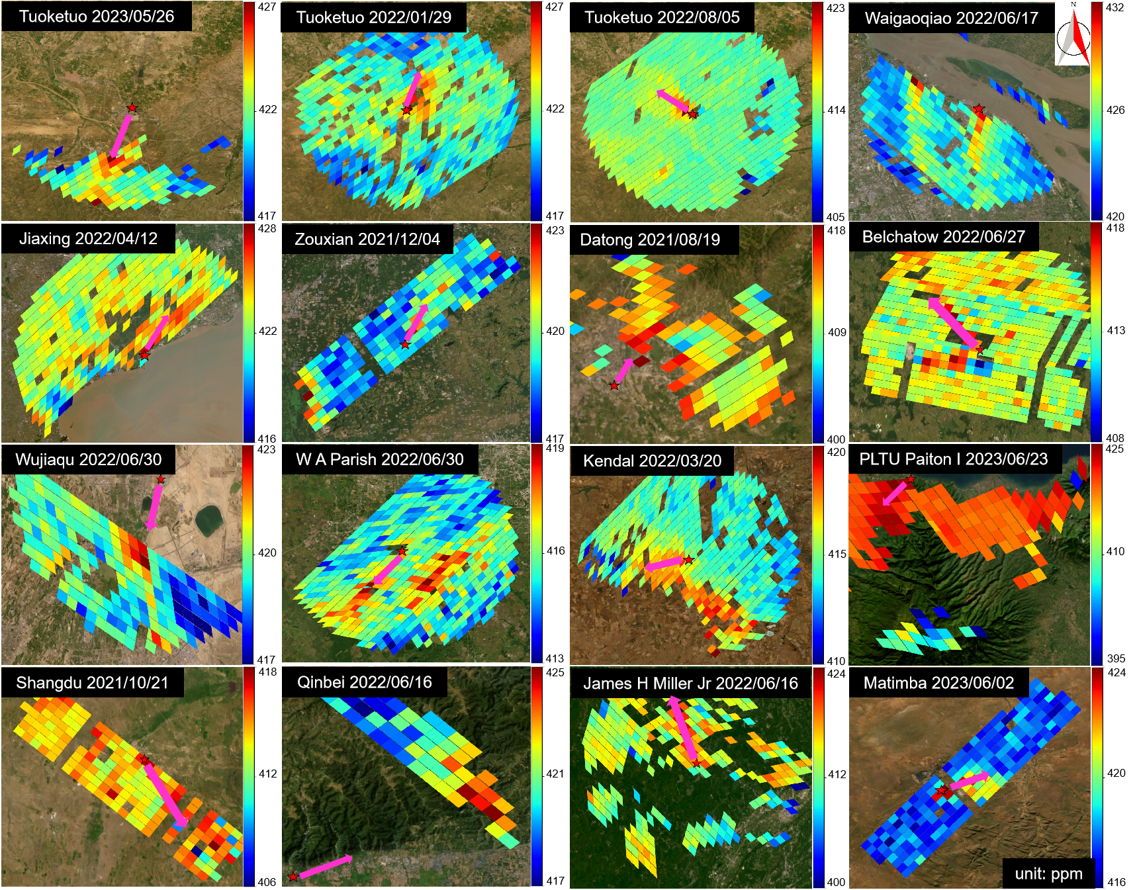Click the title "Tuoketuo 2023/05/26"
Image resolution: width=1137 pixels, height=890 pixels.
pos(97,17)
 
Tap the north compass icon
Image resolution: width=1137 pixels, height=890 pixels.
pos(1073,34)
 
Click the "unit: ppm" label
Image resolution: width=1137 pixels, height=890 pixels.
pos(1048,873)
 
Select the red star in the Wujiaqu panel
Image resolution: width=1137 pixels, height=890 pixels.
pos(160,479)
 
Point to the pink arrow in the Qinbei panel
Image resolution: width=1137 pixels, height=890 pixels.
pos(326,867)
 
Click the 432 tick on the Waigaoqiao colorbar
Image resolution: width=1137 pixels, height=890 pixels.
pos(1114,8)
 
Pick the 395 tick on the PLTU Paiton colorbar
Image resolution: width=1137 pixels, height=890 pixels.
pos(1116,658)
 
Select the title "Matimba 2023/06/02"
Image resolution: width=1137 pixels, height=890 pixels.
pos(938,683)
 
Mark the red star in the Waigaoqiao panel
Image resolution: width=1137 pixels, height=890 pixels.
pos(978,109)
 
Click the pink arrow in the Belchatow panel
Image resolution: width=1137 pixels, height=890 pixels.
pos(952,322)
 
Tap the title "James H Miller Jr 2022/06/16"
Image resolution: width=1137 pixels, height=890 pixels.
pos(690,683)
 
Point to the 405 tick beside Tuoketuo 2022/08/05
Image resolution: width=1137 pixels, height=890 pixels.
pos(835,217)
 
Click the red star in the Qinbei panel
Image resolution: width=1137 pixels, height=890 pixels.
pos(293,877)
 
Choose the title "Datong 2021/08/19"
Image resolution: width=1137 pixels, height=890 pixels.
pos(650,240)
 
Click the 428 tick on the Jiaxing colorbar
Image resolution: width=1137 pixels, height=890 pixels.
pos(267,228)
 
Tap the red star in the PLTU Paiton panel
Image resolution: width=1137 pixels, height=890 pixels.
pos(911,479)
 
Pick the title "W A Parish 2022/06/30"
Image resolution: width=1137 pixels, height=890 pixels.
pos(380,459)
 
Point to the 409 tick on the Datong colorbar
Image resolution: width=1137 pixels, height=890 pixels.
pos(837,332)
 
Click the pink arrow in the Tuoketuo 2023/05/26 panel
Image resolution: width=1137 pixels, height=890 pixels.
pos(121,136)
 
